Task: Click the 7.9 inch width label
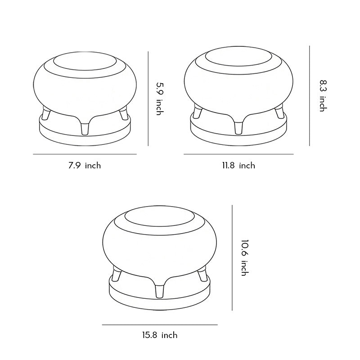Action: pos(85,166)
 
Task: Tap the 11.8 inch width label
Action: pos(238,166)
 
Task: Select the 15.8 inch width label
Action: pos(160,335)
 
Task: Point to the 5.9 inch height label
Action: pos(158,98)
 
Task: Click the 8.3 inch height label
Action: pos(322,95)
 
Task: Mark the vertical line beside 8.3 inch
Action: pos(310,95)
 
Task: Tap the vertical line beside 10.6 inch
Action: pos(232,257)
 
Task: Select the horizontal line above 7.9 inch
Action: pos(85,154)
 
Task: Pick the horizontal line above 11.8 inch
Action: pos(238,154)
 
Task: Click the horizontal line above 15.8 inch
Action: pos(160,324)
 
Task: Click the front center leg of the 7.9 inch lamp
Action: pos(85,128)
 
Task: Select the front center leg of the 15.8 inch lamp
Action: pos(160,290)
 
